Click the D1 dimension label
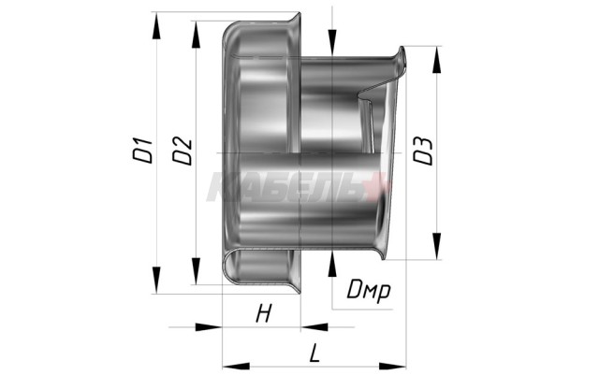(142, 151)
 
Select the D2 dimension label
(183, 151)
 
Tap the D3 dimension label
(424, 151)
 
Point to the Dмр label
(369, 290)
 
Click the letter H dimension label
(264, 314)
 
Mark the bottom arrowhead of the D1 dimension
(156, 280)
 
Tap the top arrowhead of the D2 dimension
(196, 35)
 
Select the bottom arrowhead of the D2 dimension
(196, 271)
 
